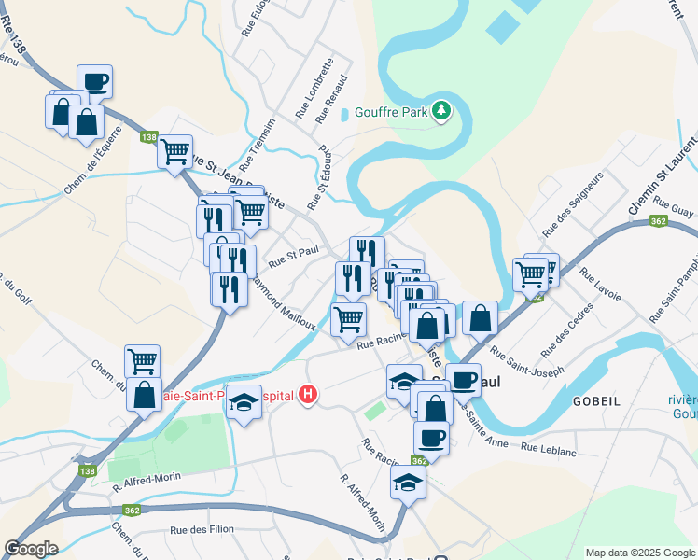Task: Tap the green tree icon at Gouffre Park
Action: [x=441, y=112]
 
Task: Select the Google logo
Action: [x=31, y=549]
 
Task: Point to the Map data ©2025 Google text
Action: [x=639, y=553]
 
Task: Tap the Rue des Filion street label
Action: [x=202, y=530]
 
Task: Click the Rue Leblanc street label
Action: [x=551, y=448]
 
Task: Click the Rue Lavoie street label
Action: [x=600, y=286]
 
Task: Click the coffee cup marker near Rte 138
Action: [x=94, y=82]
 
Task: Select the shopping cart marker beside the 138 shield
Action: [x=175, y=151]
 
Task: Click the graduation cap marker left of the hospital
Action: [x=244, y=402]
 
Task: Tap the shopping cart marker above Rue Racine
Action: [x=348, y=319]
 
